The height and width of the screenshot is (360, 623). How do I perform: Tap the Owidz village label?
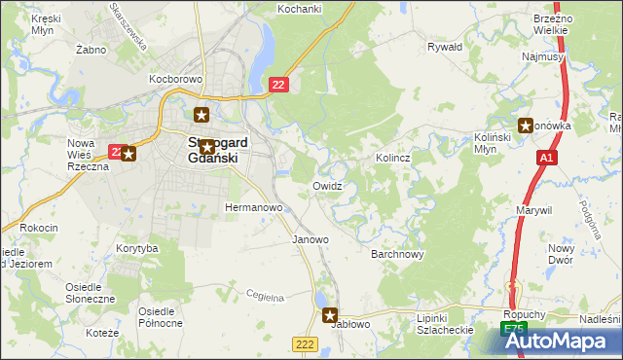pyautogui.click(x=327, y=185)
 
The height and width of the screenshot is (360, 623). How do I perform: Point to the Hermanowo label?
pyautogui.click(x=253, y=208)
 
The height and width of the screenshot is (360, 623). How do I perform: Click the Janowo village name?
pyautogui.click(x=311, y=238)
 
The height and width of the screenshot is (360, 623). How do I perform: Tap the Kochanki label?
pyautogui.click(x=299, y=8)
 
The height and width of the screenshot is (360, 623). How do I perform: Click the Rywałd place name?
pyautogui.click(x=445, y=46)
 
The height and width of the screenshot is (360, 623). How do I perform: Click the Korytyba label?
pyautogui.click(x=136, y=249)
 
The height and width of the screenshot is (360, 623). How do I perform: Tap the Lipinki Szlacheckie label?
pyautogui.click(x=444, y=324)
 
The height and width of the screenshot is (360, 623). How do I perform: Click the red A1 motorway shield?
pyautogui.click(x=548, y=158)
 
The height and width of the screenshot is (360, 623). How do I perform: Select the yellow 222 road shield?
pyautogui.click(x=304, y=344)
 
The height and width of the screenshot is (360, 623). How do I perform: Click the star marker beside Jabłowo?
pyautogui.click(x=330, y=315)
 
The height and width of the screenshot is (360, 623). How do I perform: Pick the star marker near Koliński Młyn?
pyautogui.click(x=527, y=125)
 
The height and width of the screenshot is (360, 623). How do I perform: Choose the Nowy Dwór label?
pyautogui.click(x=588, y=254)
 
